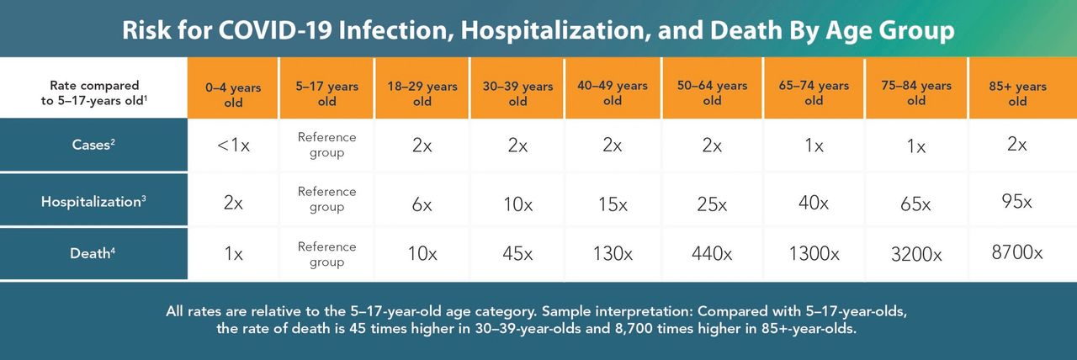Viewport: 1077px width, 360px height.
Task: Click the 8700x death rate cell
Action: click(1016, 252)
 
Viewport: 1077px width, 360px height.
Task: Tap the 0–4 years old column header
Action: click(233, 93)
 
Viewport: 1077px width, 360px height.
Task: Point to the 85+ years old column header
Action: click(1017, 93)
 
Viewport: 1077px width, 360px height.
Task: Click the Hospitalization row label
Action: click(93, 201)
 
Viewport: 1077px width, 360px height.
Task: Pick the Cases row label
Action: click(93, 146)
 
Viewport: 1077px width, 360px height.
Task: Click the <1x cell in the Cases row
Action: click(233, 146)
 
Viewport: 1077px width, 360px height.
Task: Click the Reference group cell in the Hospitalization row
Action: click(327, 199)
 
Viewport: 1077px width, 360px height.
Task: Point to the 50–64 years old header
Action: click(712, 93)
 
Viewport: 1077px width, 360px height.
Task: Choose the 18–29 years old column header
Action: click(422, 93)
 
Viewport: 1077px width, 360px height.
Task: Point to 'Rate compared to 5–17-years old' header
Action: click(93, 93)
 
